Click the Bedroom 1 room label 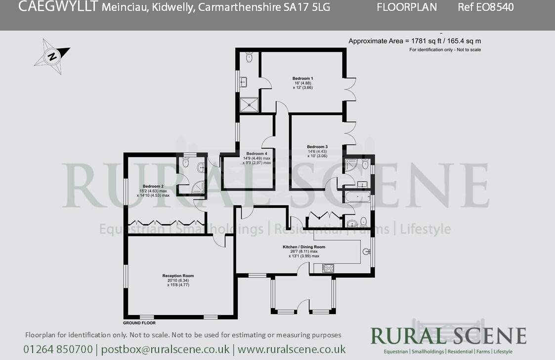click(302, 79)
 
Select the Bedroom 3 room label click(317, 147)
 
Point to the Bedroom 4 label click(256, 154)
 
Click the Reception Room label click(178, 276)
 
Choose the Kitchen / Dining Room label click(303, 247)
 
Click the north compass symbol click(52, 56)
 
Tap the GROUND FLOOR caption click(139, 323)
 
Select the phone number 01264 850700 click(58, 349)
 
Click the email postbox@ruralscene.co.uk click(165, 349)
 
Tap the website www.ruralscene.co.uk click(292, 349)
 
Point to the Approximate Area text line click(415, 41)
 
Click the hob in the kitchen click(328, 268)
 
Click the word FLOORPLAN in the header click(407, 7)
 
